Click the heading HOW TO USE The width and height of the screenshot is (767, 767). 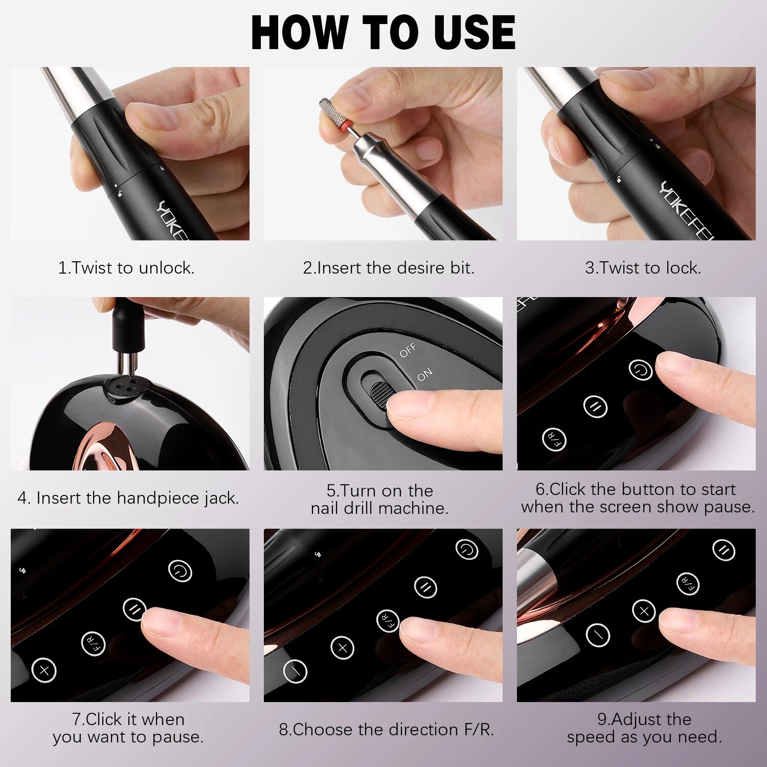pyautogui.click(x=383, y=32)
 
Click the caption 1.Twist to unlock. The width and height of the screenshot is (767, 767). pyautogui.click(x=126, y=268)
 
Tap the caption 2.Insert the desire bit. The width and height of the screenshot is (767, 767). pyautogui.click(x=389, y=268)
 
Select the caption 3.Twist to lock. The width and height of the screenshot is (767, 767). pyautogui.click(x=643, y=268)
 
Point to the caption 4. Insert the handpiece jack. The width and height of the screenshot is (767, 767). pyautogui.click(x=128, y=498)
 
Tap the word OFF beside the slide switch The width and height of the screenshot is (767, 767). pyautogui.click(x=408, y=351)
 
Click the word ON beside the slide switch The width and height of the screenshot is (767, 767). pyautogui.click(x=424, y=375)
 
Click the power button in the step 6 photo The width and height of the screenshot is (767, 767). pyautogui.click(x=640, y=369)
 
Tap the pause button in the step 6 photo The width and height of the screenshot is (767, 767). pyautogui.click(x=595, y=407)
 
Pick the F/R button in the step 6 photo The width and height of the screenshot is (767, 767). pyautogui.click(x=554, y=439)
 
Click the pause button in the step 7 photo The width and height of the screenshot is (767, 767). pyautogui.click(x=135, y=609)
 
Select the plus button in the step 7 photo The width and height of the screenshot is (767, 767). pyautogui.click(x=44, y=670)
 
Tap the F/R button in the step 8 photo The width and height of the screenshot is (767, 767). pyautogui.click(x=388, y=621)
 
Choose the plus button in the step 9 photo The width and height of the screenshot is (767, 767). pyautogui.click(x=644, y=611)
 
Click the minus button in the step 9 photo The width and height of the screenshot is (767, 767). pyautogui.click(x=598, y=635)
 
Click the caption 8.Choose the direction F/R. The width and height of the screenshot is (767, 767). pyautogui.click(x=387, y=730)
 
